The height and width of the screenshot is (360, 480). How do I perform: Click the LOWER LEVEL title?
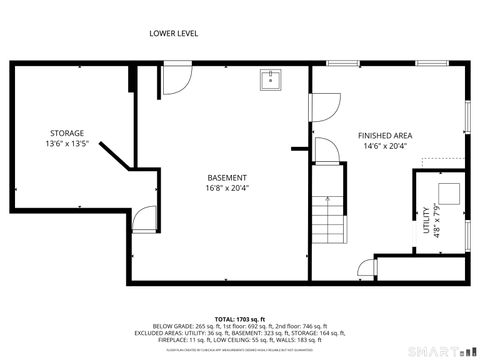pyautogui.click(x=173, y=33)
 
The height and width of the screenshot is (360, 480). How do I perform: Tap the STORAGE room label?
pyautogui.click(x=67, y=133)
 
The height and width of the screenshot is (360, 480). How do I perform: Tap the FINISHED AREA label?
pyautogui.click(x=385, y=135)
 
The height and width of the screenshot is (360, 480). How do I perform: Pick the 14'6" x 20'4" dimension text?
pyautogui.click(x=385, y=146)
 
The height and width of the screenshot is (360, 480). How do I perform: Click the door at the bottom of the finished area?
pyautogui.click(x=366, y=267)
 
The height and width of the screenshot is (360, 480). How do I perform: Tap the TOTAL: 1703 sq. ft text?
pyautogui.click(x=239, y=317)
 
